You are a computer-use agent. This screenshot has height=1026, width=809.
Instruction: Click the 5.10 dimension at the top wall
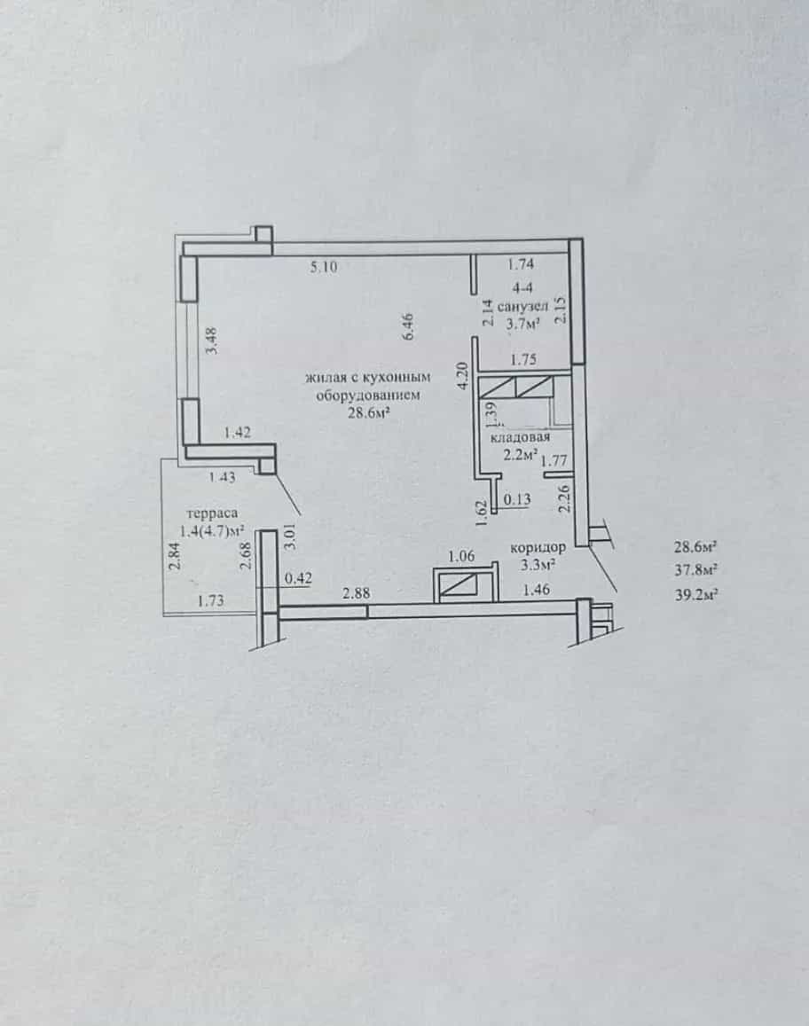point(324,266)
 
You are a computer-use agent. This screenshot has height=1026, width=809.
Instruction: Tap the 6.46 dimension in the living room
point(408,326)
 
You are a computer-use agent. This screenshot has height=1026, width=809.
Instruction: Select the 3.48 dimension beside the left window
point(211,341)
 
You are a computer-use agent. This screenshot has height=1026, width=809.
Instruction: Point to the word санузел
point(522,306)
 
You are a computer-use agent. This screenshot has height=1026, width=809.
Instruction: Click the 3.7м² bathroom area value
point(522,323)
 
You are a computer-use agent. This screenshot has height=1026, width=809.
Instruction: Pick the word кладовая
point(521,437)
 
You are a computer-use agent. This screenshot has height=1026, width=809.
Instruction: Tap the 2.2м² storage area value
point(521,454)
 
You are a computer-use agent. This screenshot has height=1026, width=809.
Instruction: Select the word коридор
point(538,548)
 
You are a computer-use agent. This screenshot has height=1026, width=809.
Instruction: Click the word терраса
point(212,513)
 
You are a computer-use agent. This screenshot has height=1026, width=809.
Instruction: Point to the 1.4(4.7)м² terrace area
point(213,530)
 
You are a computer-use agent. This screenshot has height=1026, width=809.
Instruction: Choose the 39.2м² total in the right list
point(695,595)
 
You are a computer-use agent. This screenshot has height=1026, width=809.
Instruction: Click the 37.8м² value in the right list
point(695,570)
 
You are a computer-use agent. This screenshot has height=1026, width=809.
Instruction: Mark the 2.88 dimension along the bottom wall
point(356,593)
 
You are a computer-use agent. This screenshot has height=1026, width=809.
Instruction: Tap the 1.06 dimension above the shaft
point(460,556)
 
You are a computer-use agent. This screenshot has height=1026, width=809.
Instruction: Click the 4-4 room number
point(522,287)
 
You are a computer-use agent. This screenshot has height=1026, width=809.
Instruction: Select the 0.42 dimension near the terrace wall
point(298,578)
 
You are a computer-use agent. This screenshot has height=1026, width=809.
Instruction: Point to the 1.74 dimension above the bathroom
point(521,263)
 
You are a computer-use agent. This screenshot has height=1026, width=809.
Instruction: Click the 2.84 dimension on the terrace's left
point(175,556)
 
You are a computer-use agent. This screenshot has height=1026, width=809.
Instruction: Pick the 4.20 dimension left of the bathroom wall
point(463,376)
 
